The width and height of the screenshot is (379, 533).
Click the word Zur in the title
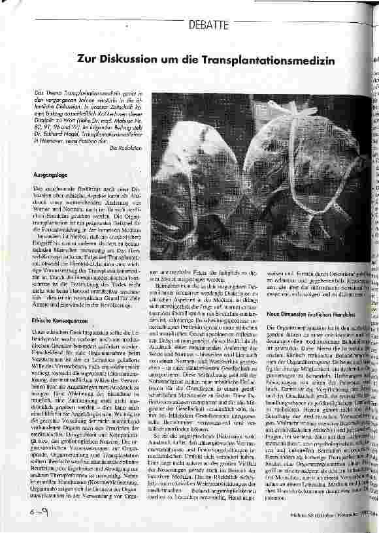pyautogui.click(x=87, y=59)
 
